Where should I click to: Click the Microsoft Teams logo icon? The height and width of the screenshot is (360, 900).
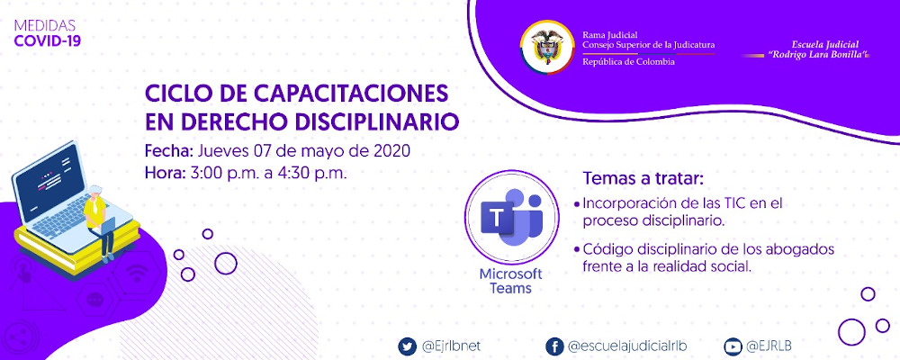[x=510, y=214]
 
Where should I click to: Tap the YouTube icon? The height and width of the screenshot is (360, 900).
[x=733, y=346]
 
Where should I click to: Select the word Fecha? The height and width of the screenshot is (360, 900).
[x=167, y=150]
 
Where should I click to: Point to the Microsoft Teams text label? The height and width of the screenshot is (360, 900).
[x=510, y=281]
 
